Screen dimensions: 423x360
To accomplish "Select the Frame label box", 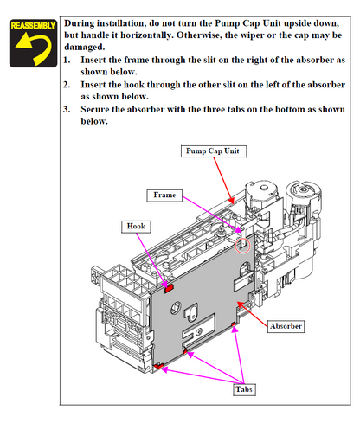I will (164, 195).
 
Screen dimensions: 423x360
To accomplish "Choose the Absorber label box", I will (286, 326).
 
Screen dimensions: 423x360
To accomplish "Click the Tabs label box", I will (245, 389).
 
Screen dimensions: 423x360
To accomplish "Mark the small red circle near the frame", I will (243, 247).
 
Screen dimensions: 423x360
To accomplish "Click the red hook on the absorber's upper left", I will (170, 286).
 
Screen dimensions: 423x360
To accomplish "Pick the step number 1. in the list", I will (69, 61).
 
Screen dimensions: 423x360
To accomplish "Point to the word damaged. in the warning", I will (87, 49).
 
